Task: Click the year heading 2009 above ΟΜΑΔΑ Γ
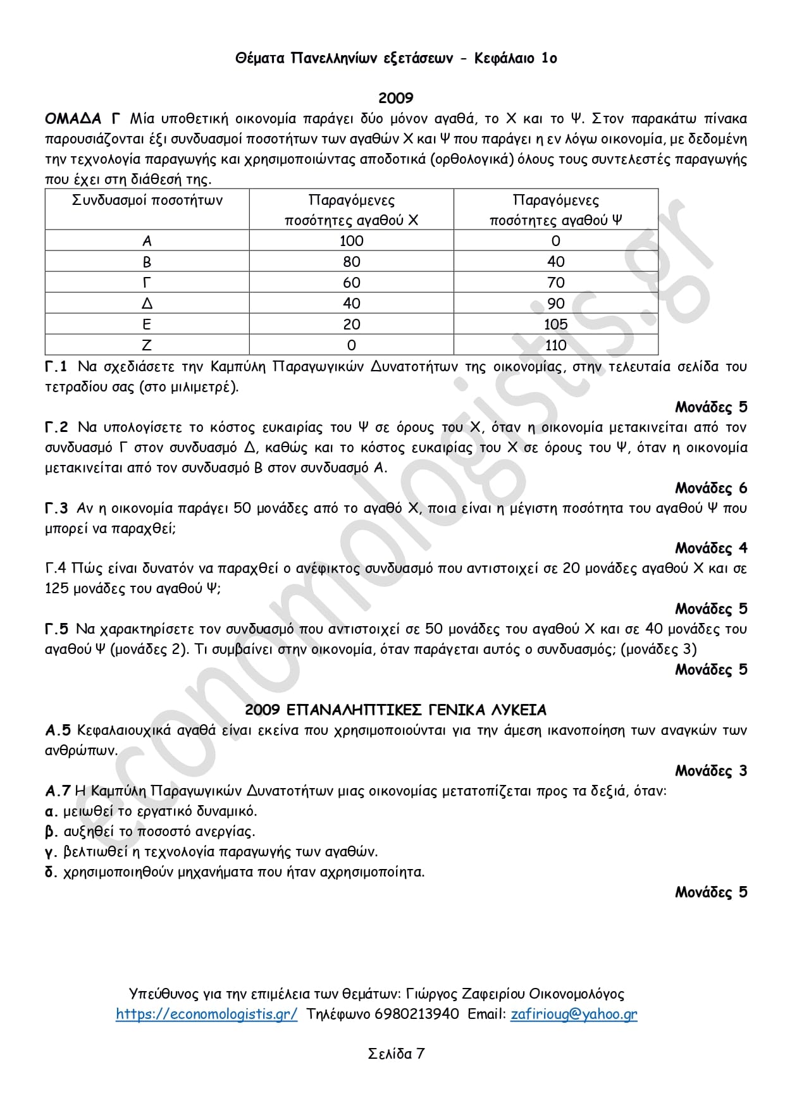point(395,98)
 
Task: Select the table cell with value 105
point(555,324)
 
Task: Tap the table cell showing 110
point(555,345)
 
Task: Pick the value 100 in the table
point(351,241)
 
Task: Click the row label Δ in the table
point(147,304)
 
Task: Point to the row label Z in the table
point(147,345)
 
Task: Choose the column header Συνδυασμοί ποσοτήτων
point(147,200)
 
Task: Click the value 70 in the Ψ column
point(555,283)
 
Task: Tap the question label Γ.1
point(56,367)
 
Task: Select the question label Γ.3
point(56,509)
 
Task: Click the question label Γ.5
point(56,629)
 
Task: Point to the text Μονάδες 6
point(710,488)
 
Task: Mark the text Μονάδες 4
point(710,548)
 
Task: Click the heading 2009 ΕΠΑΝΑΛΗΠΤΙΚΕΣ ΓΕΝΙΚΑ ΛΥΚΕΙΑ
point(395,710)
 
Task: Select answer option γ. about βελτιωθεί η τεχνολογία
point(211,852)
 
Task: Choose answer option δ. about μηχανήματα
point(235,872)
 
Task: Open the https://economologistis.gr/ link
point(206,1014)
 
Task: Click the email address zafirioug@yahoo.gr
point(574,1014)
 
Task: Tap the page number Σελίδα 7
point(396,1054)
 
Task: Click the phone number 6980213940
point(417,1014)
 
